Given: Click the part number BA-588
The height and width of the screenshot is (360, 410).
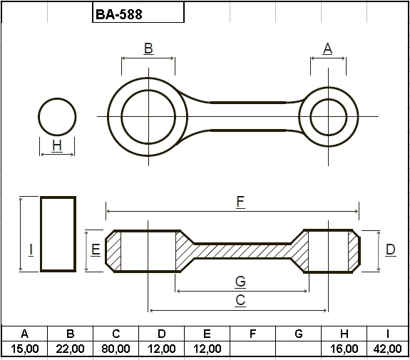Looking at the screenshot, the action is (x=119, y=14).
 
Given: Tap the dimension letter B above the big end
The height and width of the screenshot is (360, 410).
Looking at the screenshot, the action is (x=148, y=48).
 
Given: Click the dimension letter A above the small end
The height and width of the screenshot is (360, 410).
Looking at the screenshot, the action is (x=327, y=48).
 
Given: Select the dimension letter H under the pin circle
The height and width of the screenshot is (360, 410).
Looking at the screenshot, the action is (x=57, y=145).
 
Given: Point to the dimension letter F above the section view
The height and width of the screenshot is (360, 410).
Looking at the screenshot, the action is (x=240, y=202).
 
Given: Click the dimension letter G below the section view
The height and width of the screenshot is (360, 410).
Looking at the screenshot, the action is (x=240, y=282).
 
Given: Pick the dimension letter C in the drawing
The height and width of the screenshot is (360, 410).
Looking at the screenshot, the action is (x=240, y=300).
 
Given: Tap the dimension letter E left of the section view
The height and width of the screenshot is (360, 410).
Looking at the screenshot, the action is (x=96, y=250).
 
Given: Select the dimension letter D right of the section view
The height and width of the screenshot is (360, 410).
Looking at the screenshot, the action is (x=390, y=250).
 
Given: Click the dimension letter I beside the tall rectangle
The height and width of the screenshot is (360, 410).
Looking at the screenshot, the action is (x=31, y=250).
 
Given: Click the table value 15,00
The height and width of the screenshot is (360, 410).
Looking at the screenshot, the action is (x=24, y=349).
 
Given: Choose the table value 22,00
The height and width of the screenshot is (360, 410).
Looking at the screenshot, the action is (x=70, y=349).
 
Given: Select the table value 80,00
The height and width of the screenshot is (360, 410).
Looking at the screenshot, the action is (x=116, y=349).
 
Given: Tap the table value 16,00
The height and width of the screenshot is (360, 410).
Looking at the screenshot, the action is (x=344, y=349).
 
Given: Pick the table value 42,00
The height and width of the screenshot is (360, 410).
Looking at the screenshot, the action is (x=387, y=349).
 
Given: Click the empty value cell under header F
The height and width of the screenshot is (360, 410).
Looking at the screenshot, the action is (x=252, y=349).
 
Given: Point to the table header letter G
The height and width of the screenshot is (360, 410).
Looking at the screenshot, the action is (x=298, y=334).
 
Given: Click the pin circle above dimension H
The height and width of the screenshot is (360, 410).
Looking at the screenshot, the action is (x=57, y=98).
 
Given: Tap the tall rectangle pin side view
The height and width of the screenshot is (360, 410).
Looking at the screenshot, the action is (x=41, y=234).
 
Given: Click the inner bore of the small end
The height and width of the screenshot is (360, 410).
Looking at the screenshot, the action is (x=329, y=99).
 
